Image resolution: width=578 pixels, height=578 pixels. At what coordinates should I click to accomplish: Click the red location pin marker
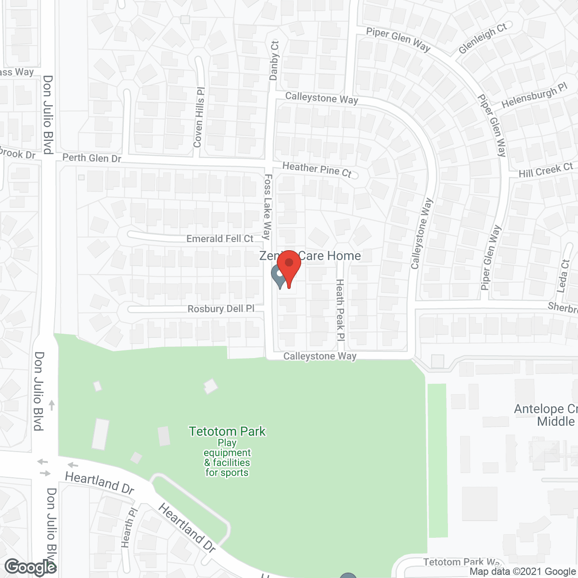[x=289, y=266]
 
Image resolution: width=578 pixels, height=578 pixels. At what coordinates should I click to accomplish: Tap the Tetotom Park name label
[x=227, y=432]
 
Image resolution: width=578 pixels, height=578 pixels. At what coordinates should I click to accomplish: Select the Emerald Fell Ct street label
[x=220, y=238]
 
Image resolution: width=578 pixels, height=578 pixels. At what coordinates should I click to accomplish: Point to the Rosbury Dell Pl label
[x=221, y=309]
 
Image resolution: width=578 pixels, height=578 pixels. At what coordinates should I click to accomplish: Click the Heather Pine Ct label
[x=317, y=170]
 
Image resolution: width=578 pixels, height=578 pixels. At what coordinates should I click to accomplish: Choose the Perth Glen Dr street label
[x=92, y=158]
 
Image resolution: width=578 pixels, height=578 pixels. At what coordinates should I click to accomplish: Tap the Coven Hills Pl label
[x=199, y=117]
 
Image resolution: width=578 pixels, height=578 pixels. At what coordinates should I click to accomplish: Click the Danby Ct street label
[x=275, y=61]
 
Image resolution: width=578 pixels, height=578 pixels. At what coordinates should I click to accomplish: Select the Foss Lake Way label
[x=267, y=207]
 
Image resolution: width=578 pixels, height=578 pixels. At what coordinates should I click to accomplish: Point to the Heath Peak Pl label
[x=340, y=310]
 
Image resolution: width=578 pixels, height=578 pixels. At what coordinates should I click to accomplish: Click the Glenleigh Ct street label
[x=482, y=38]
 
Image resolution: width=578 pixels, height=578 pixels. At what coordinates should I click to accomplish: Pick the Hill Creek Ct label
[x=545, y=170]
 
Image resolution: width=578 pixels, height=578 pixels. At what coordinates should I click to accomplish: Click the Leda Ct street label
[x=564, y=276]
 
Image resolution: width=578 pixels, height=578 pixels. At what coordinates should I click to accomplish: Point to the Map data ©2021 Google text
[x=522, y=572]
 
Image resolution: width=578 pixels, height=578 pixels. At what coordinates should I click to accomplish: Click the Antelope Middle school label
[x=546, y=415]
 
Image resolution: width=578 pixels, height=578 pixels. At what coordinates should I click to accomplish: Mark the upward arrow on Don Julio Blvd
[x=52, y=405]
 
